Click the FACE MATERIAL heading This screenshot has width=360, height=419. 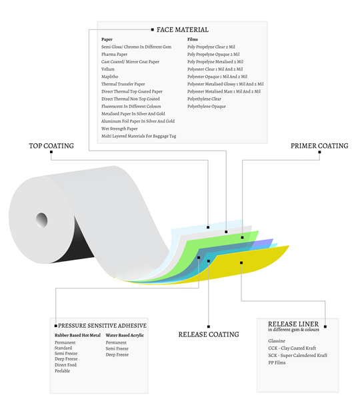(x=183, y=30)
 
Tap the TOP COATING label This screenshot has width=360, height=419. (x=51, y=146)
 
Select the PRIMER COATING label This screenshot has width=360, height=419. (x=319, y=146)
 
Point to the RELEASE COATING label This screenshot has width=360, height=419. (x=209, y=334)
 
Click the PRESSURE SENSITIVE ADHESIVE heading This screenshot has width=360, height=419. (x=102, y=326)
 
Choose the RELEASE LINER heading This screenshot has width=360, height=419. (x=293, y=324)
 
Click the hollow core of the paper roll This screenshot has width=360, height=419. (x=42, y=220)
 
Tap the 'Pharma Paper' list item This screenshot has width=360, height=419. (x=114, y=54)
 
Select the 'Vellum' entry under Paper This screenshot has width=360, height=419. (x=108, y=69)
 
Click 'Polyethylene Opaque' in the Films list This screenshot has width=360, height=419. (x=207, y=107)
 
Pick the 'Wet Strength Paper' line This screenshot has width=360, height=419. (x=119, y=129)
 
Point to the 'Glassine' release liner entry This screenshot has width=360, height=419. (x=277, y=341)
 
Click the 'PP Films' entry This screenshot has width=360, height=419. (x=277, y=362)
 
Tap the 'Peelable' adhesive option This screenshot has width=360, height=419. (x=62, y=371)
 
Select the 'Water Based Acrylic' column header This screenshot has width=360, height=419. (x=125, y=335)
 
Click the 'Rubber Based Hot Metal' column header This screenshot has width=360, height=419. (x=77, y=335)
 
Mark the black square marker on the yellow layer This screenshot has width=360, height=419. (x=241, y=263)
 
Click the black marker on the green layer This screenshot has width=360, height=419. (x=242, y=237)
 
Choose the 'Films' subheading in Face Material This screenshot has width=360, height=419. (x=193, y=39)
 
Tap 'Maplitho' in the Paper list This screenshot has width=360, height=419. (x=109, y=77)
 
